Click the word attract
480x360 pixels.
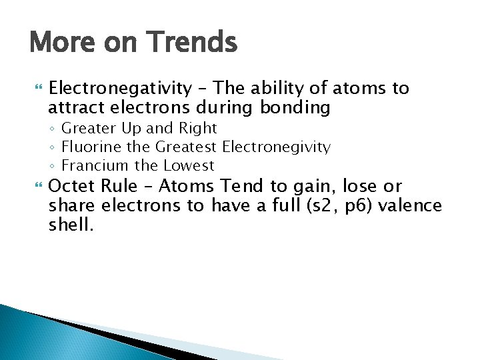click(75, 107)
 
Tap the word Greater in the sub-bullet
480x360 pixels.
click(85, 128)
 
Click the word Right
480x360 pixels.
click(199, 128)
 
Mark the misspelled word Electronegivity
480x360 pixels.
click(277, 147)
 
